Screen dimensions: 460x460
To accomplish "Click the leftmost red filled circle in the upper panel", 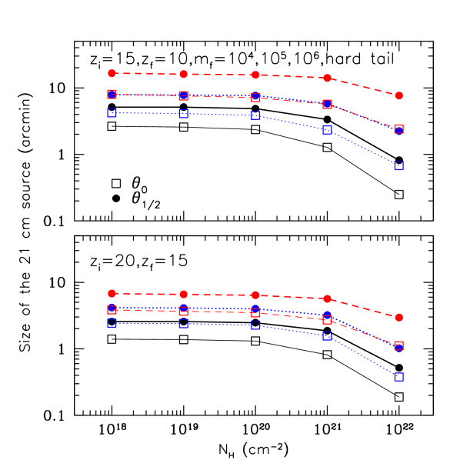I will click(x=112, y=73).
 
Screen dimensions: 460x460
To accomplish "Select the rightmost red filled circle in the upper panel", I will click(x=398, y=95).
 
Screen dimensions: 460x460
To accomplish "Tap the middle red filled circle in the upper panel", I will click(x=255, y=75).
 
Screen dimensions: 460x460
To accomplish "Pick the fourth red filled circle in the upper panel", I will click(x=327, y=78).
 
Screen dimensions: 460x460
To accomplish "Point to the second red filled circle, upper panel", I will click(x=183, y=74).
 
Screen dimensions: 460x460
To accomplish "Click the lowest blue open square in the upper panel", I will click(x=398, y=165).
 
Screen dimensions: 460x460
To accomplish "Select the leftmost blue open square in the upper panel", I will click(x=112, y=113).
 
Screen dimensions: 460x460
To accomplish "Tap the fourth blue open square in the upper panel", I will click(x=327, y=130).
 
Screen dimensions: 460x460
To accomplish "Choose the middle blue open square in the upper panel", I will click(x=255, y=115).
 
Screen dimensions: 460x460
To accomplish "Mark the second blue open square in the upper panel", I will click(x=183, y=114).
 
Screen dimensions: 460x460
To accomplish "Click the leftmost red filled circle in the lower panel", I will click(x=112, y=293).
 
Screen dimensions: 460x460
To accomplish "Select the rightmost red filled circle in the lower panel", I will click(x=398, y=317).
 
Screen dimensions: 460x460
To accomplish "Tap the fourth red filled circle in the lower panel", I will click(x=327, y=298).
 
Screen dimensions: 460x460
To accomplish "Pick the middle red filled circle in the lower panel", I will click(x=255, y=295).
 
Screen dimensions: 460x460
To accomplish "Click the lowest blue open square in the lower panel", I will click(x=398, y=377).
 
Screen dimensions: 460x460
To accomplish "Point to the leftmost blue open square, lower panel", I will click(x=112, y=324).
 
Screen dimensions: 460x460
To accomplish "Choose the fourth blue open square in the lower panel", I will click(x=327, y=336).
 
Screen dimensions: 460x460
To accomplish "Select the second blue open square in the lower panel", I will click(x=183, y=324).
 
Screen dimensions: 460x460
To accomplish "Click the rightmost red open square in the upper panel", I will click(x=398, y=129).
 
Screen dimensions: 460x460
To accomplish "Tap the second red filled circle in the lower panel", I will click(x=183, y=295).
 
